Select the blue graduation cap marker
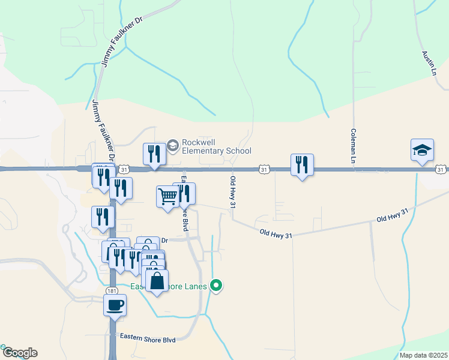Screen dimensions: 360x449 point(422,150)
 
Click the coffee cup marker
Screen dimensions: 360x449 point(115,304)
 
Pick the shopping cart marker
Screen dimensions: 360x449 point(167,196)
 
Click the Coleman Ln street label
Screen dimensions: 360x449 point(354,146)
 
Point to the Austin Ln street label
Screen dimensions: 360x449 point(428,63)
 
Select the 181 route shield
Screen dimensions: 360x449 point(112,291)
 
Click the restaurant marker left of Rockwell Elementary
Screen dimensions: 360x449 point(154,154)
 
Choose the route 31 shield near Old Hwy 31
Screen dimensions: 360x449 point(264,170)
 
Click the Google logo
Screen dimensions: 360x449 point(19,353)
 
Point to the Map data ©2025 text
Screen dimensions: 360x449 point(423,355)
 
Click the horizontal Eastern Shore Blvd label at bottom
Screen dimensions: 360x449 point(148,340)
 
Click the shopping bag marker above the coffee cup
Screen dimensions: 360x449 point(157,280)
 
